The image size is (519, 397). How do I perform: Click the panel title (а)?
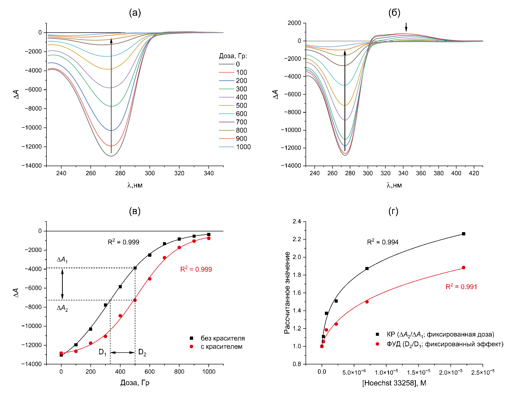point(135,13)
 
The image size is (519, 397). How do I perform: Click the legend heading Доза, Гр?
point(233,56)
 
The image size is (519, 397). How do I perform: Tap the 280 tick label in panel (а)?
point(120,173)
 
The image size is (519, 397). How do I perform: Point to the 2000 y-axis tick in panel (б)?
point(294,23)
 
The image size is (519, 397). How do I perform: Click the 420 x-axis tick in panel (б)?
point(474,173)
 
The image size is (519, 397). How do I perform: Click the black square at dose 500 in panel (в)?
point(135,268)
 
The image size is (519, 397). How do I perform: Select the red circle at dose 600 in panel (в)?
point(150,279)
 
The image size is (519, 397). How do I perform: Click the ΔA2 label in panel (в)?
point(62,308)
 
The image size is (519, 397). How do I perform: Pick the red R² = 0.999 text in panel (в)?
point(196,269)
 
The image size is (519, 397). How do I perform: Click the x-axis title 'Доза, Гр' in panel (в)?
point(135,383)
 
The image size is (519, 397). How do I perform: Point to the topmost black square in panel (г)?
point(464,234)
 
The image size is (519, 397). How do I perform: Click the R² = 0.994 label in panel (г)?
point(383,242)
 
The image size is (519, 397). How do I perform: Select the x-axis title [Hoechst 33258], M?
point(394,383)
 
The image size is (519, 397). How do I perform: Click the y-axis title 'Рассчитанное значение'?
point(287,293)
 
